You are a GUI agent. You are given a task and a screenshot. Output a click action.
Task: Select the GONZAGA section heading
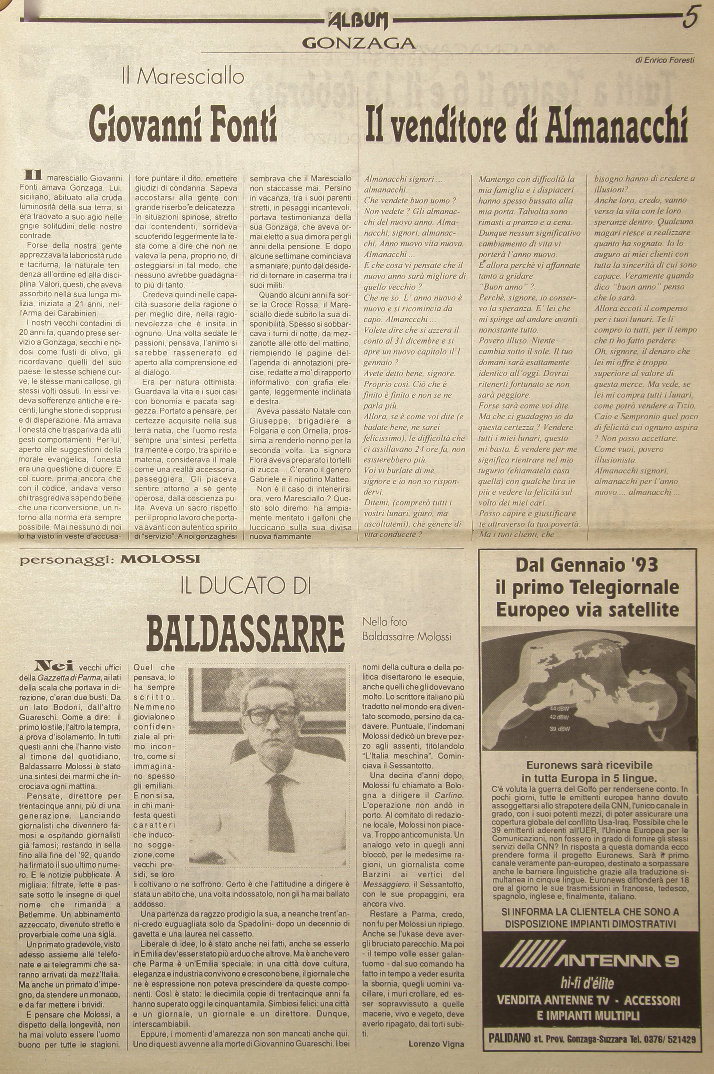[x=358, y=43]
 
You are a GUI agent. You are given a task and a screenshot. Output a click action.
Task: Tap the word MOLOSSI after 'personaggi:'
[x=161, y=560]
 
